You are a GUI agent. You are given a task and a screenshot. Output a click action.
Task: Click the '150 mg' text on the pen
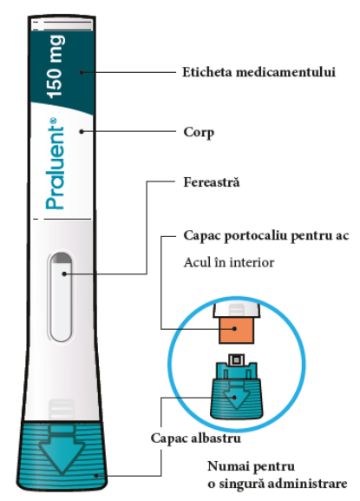coord(55,67)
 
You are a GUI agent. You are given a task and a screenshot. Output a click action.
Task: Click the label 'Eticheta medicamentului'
coord(259,72)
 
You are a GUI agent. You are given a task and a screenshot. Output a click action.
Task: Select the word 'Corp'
coord(199,132)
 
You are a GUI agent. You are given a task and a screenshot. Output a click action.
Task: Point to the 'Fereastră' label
coord(212,182)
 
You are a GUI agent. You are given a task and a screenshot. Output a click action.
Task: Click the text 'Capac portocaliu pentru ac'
coord(266,236)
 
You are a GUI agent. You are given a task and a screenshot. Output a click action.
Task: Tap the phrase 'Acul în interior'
coord(229,262)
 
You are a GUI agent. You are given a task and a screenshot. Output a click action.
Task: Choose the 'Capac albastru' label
coord(196,438)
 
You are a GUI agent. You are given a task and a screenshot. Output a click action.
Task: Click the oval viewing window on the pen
coord(61,296)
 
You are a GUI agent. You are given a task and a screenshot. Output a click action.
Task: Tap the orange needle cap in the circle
coord(237,330)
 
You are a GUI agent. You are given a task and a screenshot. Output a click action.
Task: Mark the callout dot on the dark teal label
coord(82,73)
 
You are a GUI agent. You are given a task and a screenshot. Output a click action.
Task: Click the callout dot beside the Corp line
coord(82,131)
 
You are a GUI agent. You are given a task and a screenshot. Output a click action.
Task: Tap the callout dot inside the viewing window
coord(64,274)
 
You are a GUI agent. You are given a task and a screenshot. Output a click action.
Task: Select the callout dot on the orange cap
coord(235,328)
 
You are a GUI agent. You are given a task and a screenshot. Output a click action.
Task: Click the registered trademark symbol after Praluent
coord(53,121)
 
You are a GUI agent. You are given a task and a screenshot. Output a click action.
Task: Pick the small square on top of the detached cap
coord(236,360)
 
